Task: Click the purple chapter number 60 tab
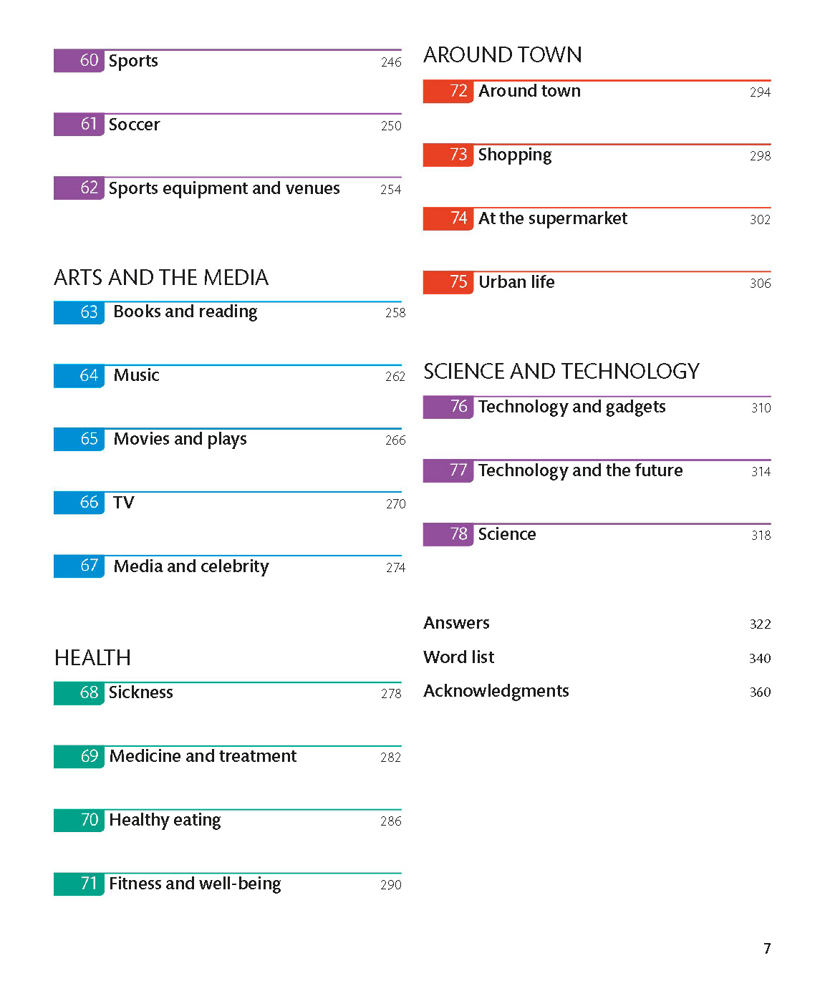pyautogui.click(x=79, y=61)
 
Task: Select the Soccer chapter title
pyautogui.click(x=134, y=125)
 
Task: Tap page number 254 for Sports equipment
pyautogui.click(x=390, y=190)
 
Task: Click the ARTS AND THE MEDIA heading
pyautogui.click(x=161, y=278)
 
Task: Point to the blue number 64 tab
pyautogui.click(x=79, y=376)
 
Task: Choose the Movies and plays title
pyautogui.click(x=180, y=439)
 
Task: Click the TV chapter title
pyautogui.click(x=123, y=503)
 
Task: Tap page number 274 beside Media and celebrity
pyautogui.click(x=395, y=568)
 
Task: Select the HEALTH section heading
pyautogui.click(x=92, y=658)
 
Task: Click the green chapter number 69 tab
pyautogui.click(x=79, y=757)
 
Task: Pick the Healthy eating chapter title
pyautogui.click(x=165, y=820)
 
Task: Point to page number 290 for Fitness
pyautogui.click(x=390, y=885)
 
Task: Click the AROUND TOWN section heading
pyautogui.click(x=502, y=55)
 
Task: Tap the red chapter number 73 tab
pyautogui.click(x=448, y=155)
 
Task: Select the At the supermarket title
pyautogui.click(x=552, y=218)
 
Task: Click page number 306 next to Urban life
pyautogui.click(x=760, y=284)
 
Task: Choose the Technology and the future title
pyautogui.click(x=580, y=470)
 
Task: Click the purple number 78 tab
pyautogui.click(x=448, y=535)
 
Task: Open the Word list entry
pyautogui.click(x=458, y=657)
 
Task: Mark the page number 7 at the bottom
pyautogui.click(x=767, y=949)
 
